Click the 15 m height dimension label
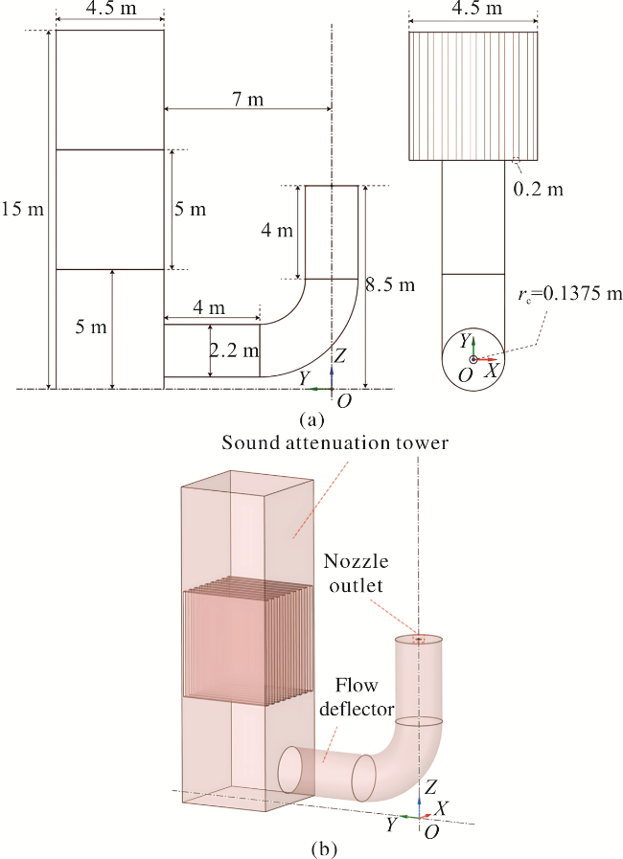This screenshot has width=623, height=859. (22, 209)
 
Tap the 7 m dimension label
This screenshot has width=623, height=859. (247, 100)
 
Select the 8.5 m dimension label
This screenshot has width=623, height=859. (390, 284)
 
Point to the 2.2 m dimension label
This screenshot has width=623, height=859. (235, 350)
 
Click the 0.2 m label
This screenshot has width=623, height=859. (538, 189)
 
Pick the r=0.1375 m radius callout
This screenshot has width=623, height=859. (569, 294)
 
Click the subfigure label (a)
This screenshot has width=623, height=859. (312, 420)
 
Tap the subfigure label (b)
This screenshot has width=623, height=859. (324, 849)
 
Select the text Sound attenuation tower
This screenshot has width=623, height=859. (335, 442)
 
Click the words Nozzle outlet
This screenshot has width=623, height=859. (356, 573)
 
